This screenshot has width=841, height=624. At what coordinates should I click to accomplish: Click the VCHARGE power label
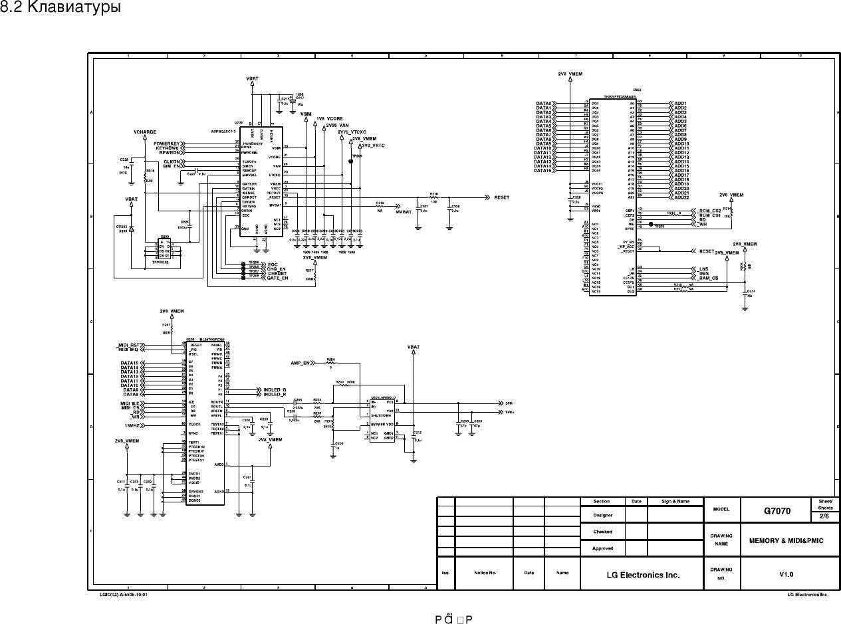coord(145,132)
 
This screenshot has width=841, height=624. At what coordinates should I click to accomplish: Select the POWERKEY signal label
coord(168,143)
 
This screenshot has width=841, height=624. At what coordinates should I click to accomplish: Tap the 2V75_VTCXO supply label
coord(352,132)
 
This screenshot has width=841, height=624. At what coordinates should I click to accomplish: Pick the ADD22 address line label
coord(681,197)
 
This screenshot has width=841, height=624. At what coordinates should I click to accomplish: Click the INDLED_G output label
coord(275,389)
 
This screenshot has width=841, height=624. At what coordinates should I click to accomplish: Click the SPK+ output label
coord(510,412)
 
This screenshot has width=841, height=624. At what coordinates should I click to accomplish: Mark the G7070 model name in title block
coord(777,511)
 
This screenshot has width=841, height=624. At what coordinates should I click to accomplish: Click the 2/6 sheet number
coord(824,516)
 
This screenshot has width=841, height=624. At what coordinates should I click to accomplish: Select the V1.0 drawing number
coord(786,574)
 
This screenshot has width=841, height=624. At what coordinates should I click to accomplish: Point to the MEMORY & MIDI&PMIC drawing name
coord(786,540)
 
